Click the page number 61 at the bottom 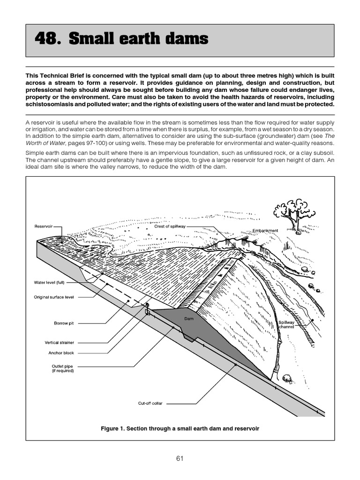pos(180,458)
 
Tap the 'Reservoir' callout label pos(43,226)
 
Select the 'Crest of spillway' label pos(170,226)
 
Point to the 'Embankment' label pos(265,231)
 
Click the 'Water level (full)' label pos(49,283)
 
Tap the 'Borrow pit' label pos(64,323)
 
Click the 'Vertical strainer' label pos(60,343)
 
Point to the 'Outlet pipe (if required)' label pos(62,368)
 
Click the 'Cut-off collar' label pos(150,403)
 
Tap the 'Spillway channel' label pos(286,324)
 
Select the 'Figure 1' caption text pos(180,428)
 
